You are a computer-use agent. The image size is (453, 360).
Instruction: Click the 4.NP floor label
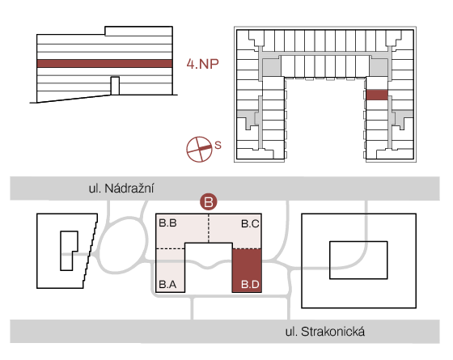click(x=202, y=64)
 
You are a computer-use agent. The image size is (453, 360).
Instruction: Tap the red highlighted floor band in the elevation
click(x=104, y=64)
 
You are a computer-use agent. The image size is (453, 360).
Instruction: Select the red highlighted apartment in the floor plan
click(x=377, y=95)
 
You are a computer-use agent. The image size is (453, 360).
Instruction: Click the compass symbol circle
click(x=199, y=150)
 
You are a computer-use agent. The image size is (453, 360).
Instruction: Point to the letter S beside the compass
click(x=218, y=145)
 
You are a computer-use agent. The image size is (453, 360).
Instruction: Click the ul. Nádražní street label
click(x=121, y=188)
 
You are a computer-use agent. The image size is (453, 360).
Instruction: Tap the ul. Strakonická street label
click(x=325, y=332)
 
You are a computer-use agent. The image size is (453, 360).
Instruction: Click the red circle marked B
click(x=209, y=201)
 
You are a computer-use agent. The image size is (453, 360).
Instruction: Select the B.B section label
click(x=168, y=223)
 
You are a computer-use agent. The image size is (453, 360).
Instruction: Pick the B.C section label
click(x=250, y=223)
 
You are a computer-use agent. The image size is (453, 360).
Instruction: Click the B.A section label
click(x=168, y=285)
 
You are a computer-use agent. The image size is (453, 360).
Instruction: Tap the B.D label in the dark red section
click(x=250, y=285)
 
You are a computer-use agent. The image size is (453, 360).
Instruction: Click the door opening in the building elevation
click(x=115, y=86)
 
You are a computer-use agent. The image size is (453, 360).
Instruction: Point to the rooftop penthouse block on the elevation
click(x=138, y=31)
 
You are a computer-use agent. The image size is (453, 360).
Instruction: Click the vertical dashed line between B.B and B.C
click(x=209, y=228)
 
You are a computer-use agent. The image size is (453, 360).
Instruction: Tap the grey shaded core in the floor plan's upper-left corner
click(x=271, y=67)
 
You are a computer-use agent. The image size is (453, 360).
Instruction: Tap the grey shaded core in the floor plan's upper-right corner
click(x=379, y=67)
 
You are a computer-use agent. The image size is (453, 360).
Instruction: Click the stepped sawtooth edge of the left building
click(x=91, y=251)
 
